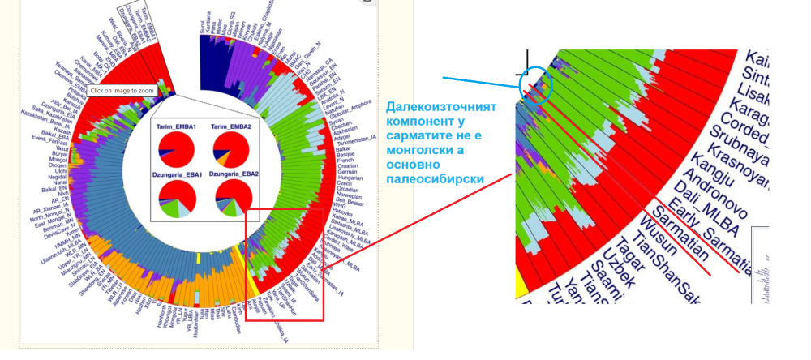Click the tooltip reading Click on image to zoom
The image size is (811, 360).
pyautogui.click(x=122, y=91)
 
